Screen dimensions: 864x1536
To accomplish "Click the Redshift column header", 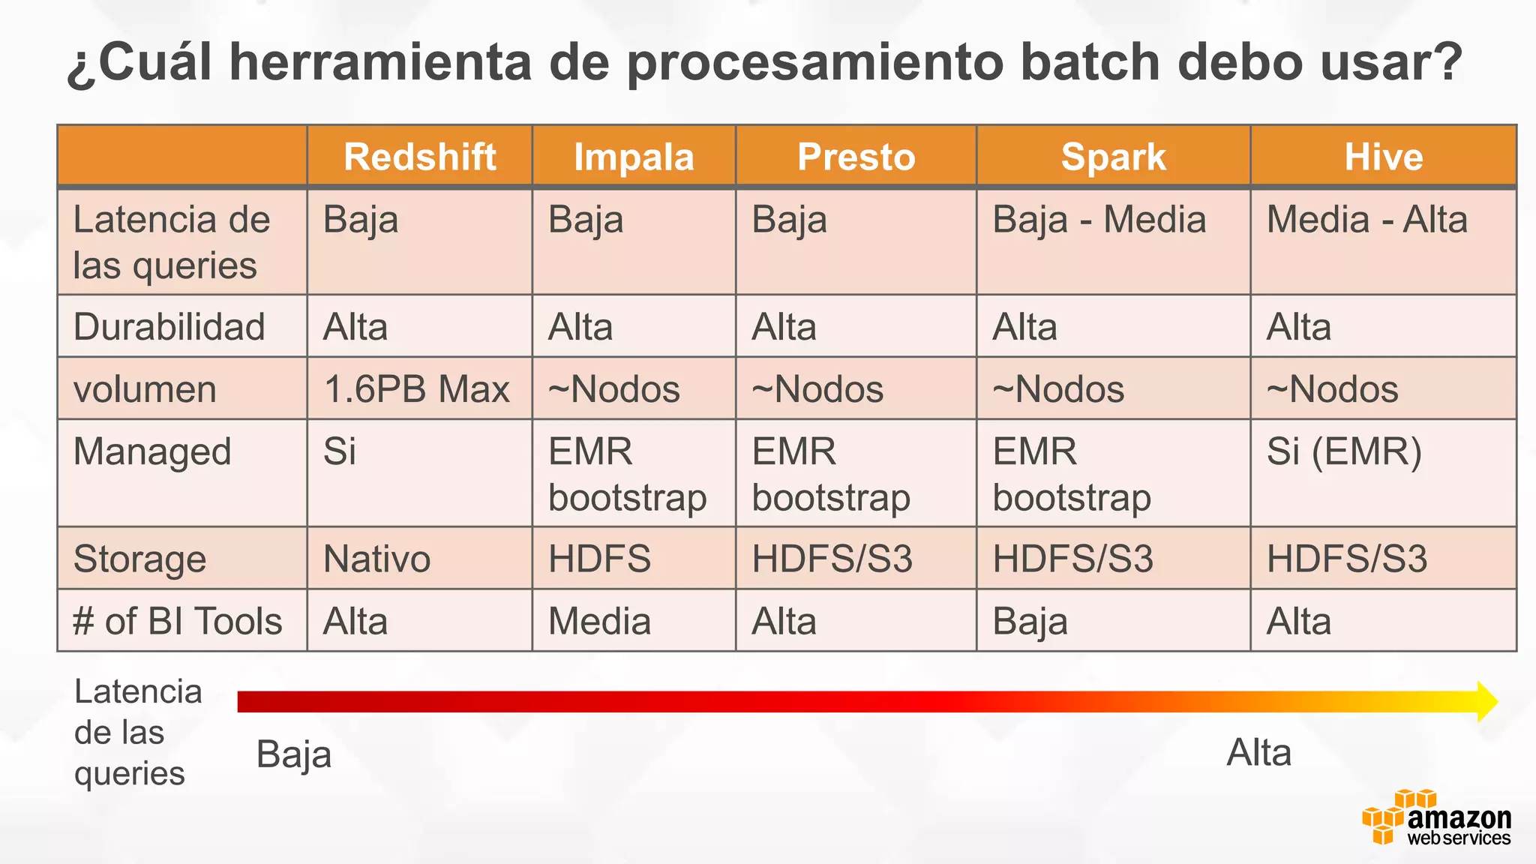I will click(419, 157).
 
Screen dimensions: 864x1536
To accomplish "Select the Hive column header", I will click(1383, 157).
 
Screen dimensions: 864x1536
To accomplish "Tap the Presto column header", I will click(856, 157).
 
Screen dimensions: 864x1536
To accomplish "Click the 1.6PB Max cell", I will click(416, 389).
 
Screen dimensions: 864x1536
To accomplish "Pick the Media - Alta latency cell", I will click(1366, 220).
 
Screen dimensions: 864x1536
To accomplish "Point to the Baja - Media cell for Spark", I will click(1099, 220).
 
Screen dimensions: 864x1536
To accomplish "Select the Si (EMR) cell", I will click(1344, 452).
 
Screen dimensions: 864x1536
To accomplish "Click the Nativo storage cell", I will click(376, 559).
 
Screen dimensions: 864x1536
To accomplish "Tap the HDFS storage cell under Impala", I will click(599, 559).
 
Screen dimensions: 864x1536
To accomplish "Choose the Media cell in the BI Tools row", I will click(599, 622).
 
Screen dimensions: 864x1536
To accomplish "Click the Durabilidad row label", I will click(169, 328).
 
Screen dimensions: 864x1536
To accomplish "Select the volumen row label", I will click(145, 390).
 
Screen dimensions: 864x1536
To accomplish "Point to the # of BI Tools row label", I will click(178, 622).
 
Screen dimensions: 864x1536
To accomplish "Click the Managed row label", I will click(152, 452).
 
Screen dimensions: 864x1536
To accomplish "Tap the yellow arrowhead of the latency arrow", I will click(1486, 702).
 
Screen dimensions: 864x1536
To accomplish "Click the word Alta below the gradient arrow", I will click(1258, 753).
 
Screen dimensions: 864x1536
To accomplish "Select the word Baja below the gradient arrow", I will click(293, 754).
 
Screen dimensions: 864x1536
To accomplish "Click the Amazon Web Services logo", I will click(1436, 818).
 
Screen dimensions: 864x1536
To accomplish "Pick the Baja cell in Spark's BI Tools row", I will click(1030, 622).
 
